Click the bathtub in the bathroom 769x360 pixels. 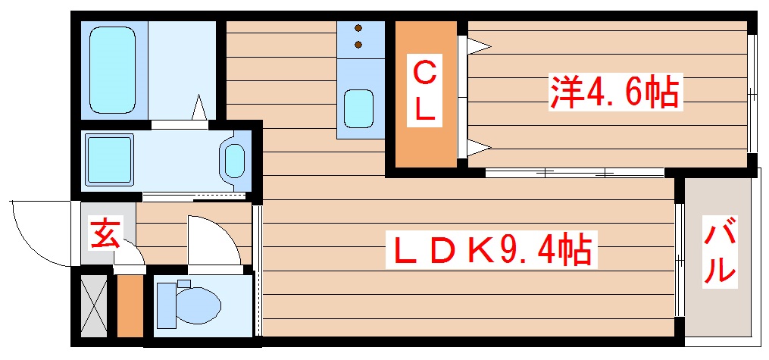point(112,70)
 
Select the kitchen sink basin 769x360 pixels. point(358,108)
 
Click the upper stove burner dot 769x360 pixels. point(358,28)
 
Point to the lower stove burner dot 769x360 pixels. point(358,45)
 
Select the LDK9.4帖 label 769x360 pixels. point(492,249)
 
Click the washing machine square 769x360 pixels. point(109,161)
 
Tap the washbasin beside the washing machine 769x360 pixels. point(234,161)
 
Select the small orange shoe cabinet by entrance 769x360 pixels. point(130,305)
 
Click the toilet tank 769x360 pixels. point(165,305)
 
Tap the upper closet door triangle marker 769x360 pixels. point(478,46)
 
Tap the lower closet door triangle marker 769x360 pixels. point(478,146)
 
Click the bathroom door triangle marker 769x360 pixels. point(199,108)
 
